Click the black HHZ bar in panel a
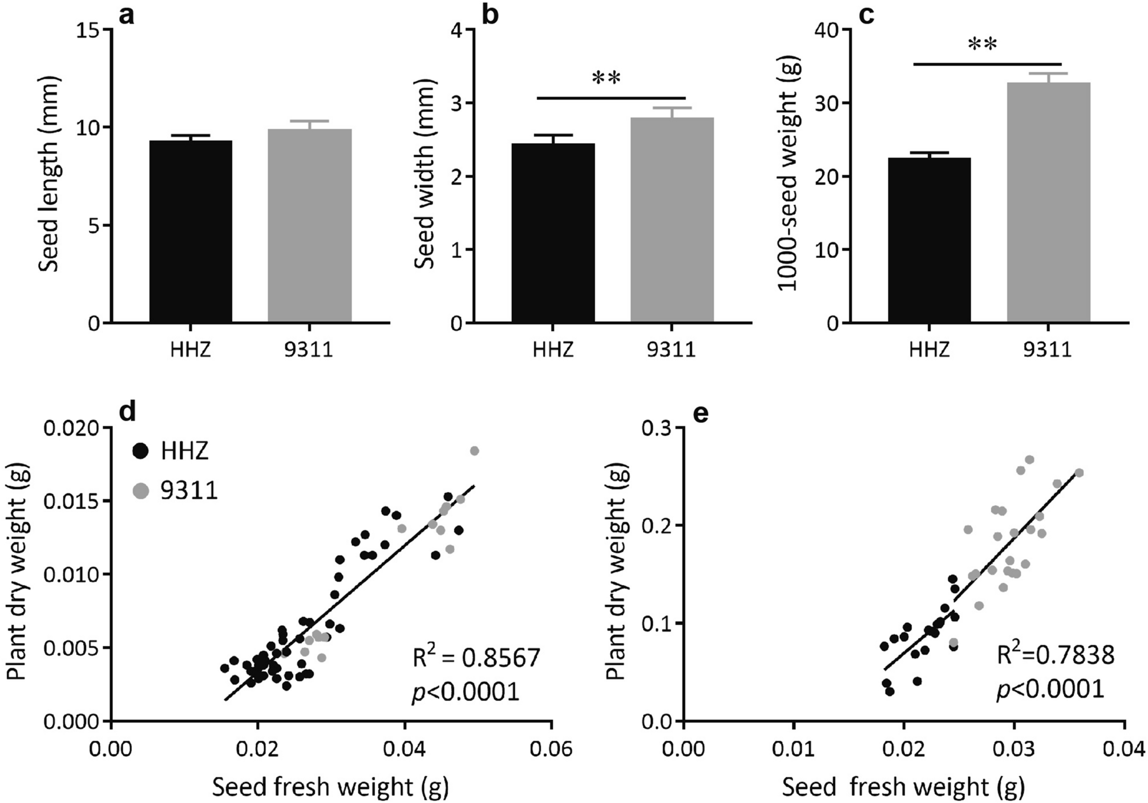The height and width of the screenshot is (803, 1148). [x=191, y=231]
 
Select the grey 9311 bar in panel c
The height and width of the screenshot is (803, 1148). [x=1048, y=202]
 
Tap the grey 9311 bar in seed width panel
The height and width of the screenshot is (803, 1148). [x=672, y=220]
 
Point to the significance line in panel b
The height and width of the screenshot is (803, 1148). [x=611, y=98]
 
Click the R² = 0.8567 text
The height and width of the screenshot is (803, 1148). [x=476, y=658]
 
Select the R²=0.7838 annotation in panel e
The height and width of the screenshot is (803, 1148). [x=1055, y=655]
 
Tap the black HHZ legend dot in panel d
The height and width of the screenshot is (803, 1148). [x=140, y=451]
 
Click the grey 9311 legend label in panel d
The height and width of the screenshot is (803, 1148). [x=189, y=490]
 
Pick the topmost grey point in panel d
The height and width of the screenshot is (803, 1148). [x=474, y=451]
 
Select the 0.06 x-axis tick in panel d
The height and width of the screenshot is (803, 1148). [x=551, y=748]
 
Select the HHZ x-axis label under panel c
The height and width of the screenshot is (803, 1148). [x=929, y=348]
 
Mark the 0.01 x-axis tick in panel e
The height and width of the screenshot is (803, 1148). [x=793, y=748]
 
